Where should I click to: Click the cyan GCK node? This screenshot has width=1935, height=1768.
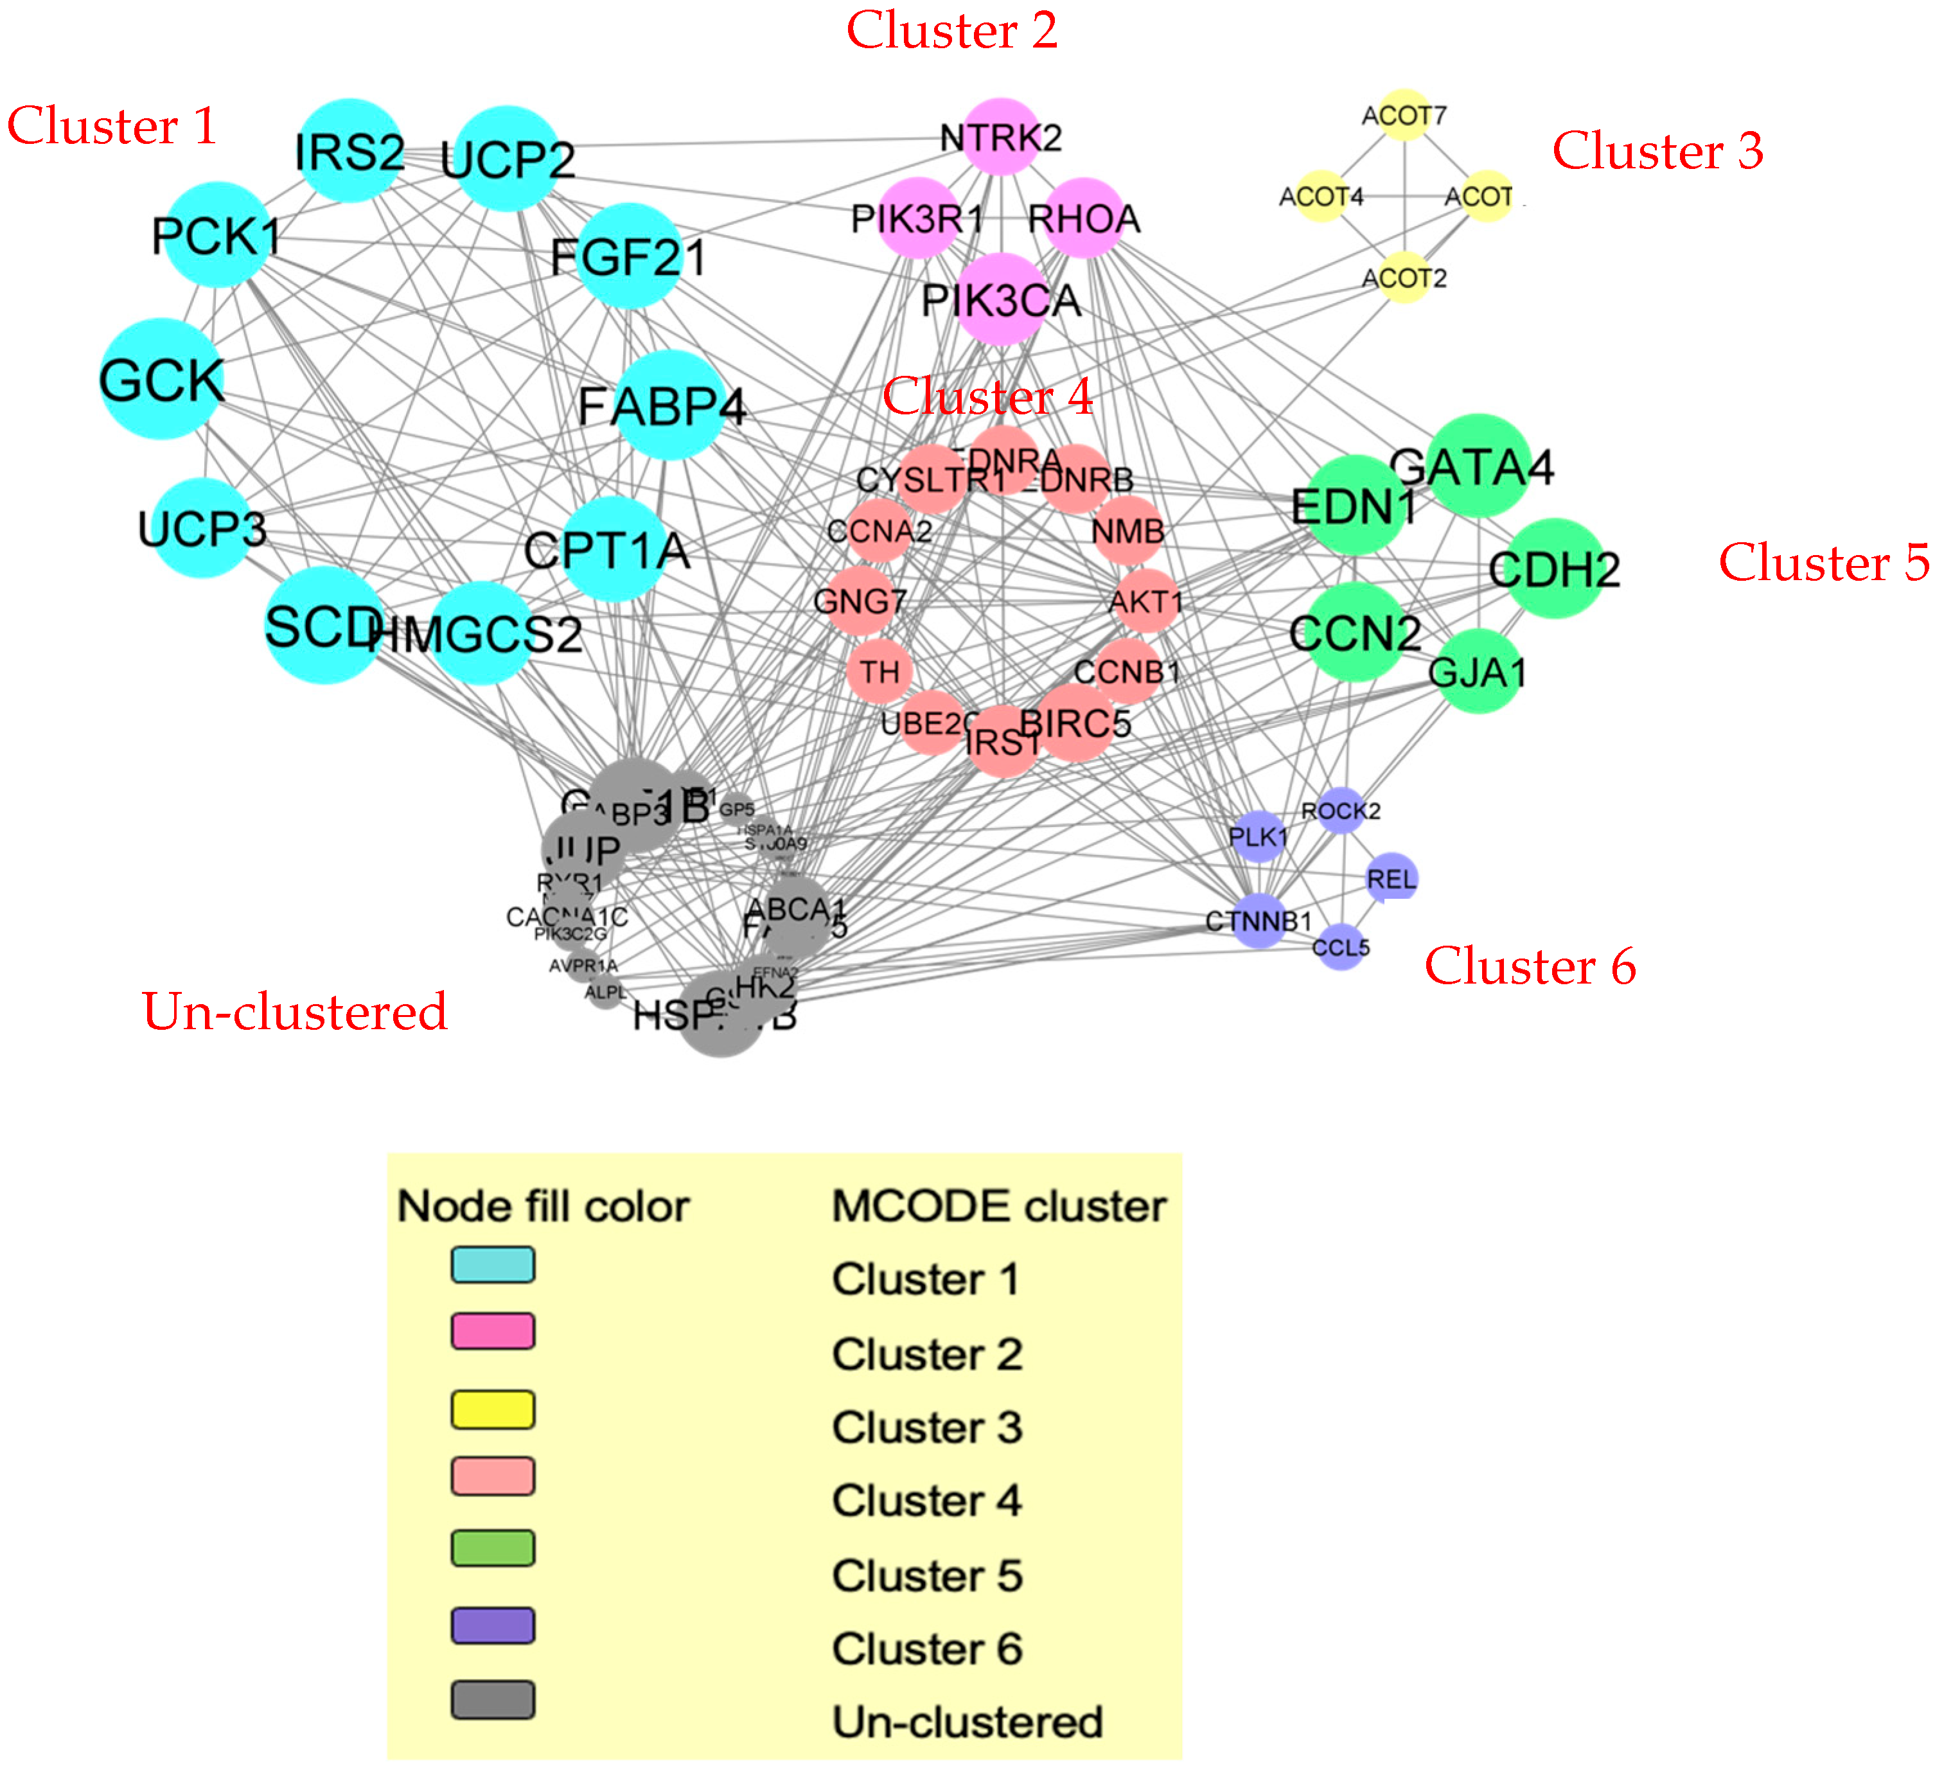pyautogui.click(x=162, y=379)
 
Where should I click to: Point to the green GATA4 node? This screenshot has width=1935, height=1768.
pyautogui.click(x=1479, y=466)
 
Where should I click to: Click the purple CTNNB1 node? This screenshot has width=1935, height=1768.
pyautogui.click(x=1259, y=921)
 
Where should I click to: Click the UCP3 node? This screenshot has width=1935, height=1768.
pyautogui.click(x=202, y=528)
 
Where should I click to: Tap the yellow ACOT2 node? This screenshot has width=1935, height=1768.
pyautogui.click(x=1405, y=278)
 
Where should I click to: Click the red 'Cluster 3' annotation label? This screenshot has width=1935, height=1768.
pyautogui.click(x=1657, y=151)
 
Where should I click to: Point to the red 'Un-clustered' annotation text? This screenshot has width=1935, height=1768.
pyautogui.click(x=295, y=1012)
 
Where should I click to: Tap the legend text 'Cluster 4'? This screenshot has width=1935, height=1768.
pyautogui.click(x=926, y=1500)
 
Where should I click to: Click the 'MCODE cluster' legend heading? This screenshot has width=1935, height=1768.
pyautogui.click(x=998, y=1205)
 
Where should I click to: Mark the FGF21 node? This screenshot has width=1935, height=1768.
pyautogui.click(x=630, y=256)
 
